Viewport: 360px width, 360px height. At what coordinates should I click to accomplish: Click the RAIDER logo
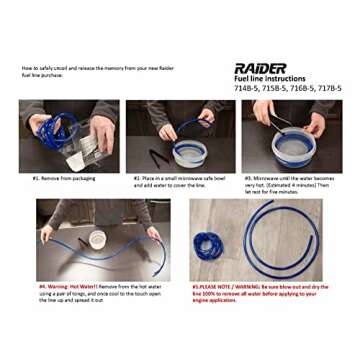click(x=259, y=68)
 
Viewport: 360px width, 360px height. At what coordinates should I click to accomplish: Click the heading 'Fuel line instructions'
click(x=270, y=79)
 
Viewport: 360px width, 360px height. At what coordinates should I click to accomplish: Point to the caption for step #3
click(x=285, y=183)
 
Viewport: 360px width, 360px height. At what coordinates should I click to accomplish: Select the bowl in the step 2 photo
click(x=189, y=153)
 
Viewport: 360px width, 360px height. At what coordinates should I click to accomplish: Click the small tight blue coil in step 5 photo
click(x=211, y=245)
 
